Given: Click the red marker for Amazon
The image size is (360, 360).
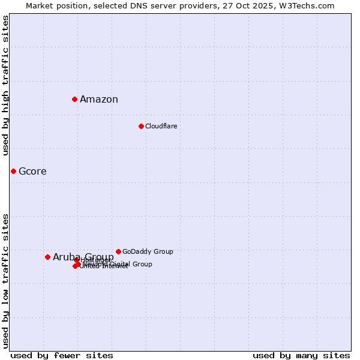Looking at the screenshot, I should coord(74,99).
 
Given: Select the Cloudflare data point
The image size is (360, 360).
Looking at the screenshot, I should coord(141,126).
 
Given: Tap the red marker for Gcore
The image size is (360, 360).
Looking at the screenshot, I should coord(13,171).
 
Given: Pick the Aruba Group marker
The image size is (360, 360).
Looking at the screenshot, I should coord(47,257).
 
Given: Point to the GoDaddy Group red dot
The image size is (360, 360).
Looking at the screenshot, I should coord(118,251).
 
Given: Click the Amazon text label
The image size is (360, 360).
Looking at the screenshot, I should coord(99,100).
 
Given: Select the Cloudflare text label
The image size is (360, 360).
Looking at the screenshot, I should coord(161,126).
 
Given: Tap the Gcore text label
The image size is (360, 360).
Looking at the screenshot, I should coord(32,172).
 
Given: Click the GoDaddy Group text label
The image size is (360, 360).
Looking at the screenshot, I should coord(148,251).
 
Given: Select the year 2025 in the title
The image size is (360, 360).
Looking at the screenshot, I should coord(263,5).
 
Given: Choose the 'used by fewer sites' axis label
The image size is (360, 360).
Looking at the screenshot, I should coord(62,355).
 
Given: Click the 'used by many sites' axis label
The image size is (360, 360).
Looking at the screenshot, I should coord(301,355).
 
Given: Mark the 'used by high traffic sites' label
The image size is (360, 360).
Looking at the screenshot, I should coord(5,85).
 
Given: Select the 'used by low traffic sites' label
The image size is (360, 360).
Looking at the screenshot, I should coord(5,281).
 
